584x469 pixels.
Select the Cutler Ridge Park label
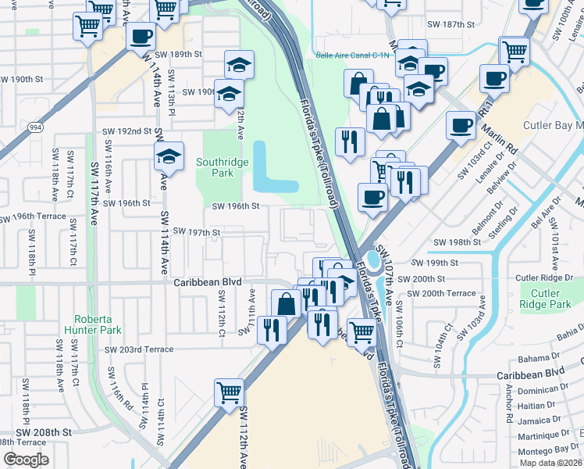[545, 299]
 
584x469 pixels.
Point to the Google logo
[26, 460]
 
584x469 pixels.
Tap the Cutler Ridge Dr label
[546, 278]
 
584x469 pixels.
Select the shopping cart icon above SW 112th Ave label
[229, 392]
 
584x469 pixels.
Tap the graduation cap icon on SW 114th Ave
[169, 156]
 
